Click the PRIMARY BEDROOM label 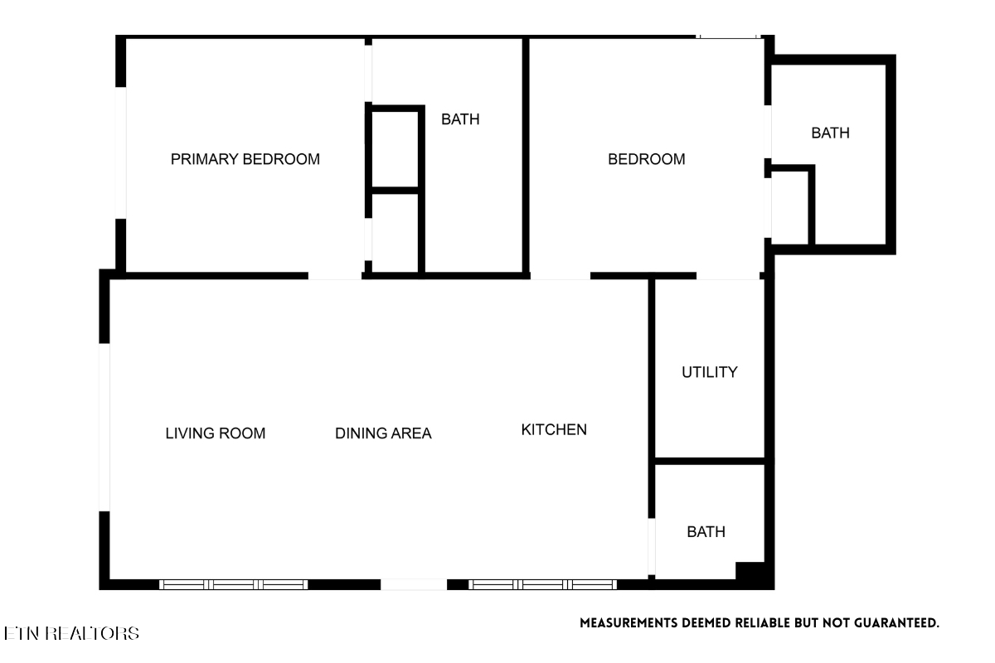[245, 159]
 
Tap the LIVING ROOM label [216, 433]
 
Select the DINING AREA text [383, 433]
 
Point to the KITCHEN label [554, 429]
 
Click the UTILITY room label [710, 372]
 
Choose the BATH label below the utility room [706, 531]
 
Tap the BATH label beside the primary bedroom [460, 119]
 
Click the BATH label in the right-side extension [831, 133]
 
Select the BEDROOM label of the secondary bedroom [647, 159]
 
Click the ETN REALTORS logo [71, 633]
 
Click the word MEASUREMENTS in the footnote [629, 623]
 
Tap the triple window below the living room [234, 584]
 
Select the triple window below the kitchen [543, 584]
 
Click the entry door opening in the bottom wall [414, 584]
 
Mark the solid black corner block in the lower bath [750, 571]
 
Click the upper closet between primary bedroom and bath [395, 150]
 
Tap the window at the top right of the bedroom [728, 36]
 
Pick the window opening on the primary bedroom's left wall [121, 152]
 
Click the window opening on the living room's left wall [104, 427]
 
